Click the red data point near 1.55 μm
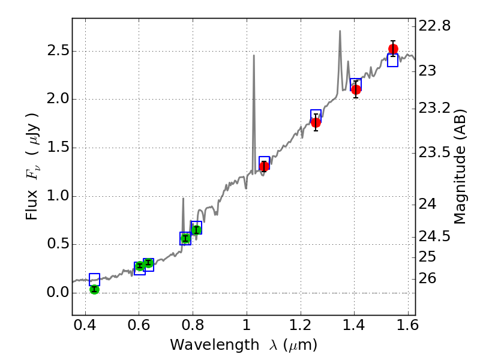coord(393,49)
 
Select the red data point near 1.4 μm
coord(356,89)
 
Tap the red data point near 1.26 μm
coord(316,122)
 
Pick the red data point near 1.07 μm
coord(264,166)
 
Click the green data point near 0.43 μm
coord(94,289)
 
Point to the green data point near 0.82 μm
coord(196,230)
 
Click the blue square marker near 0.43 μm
coord(94,279)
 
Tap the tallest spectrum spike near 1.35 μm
coord(340,31)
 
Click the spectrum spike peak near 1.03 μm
coord(254,56)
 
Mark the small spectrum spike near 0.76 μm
coord(182,199)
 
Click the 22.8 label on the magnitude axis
coord(434,26)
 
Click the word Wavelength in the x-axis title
coord(206,345)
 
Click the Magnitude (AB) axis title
coord(460,167)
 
